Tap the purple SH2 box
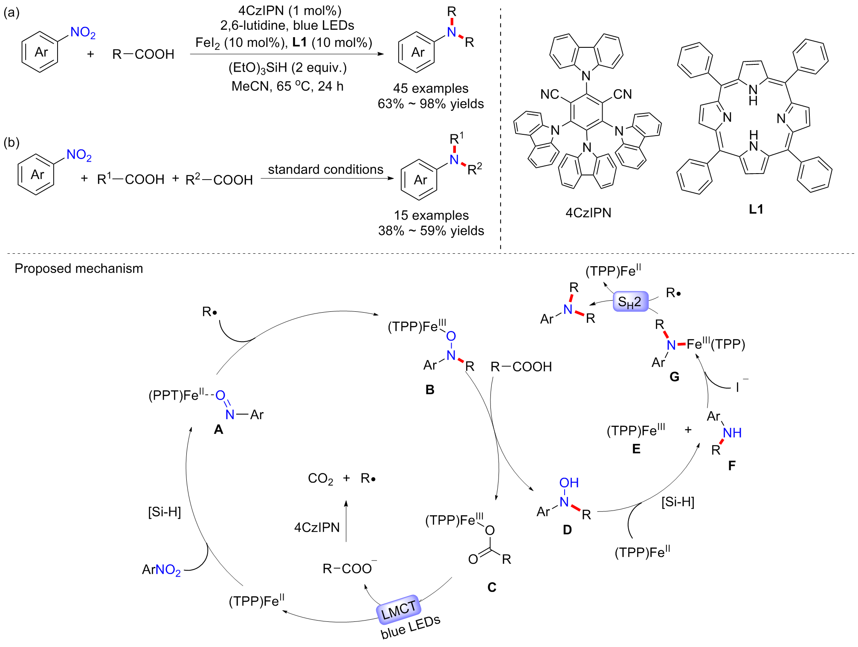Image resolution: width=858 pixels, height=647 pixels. [x=630, y=302]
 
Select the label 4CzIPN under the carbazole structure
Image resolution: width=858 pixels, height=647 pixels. [x=588, y=212]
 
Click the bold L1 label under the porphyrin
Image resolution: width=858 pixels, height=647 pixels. [x=756, y=209]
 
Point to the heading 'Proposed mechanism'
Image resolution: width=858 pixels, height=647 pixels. [x=79, y=268]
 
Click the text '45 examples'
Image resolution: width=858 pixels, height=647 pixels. [x=431, y=88]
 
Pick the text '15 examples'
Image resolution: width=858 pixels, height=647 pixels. [x=431, y=215]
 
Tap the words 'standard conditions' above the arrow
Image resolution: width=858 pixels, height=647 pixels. [x=325, y=169]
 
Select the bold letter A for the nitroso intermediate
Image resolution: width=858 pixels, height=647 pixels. [x=218, y=429]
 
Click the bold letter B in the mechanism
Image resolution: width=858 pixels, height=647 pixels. [x=430, y=389]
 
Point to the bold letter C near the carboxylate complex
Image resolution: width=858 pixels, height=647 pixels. [x=492, y=587]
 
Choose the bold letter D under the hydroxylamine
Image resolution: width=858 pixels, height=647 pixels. [x=567, y=530]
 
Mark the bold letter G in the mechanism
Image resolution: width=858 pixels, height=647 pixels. [x=674, y=377]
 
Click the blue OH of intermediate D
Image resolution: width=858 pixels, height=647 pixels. [x=569, y=482]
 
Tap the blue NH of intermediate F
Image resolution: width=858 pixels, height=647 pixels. [x=732, y=432]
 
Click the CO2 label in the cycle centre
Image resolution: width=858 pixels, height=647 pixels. [x=320, y=479]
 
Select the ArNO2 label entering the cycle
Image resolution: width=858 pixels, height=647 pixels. [x=161, y=569]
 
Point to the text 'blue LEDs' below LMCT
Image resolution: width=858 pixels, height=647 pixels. [x=410, y=627]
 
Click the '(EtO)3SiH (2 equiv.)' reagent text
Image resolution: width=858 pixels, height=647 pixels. [x=287, y=67]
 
